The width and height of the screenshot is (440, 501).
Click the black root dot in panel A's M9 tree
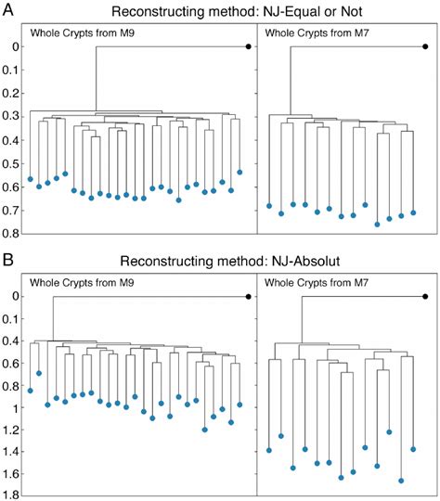tap(248, 46)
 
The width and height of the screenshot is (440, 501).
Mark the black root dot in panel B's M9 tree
tap(248, 296)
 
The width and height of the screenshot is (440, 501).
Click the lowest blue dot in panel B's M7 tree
tap(401, 481)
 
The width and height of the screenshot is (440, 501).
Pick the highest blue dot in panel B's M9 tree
tap(39, 373)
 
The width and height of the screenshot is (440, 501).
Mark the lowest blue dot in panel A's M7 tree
tap(377, 225)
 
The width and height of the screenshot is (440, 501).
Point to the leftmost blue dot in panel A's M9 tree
tap(31, 179)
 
